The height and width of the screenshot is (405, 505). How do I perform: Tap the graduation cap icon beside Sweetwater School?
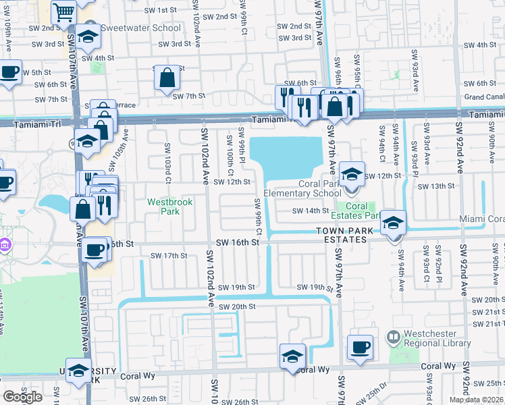pyautogui.click(x=87, y=38)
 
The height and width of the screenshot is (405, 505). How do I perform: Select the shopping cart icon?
pyautogui.click(x=63, y=12)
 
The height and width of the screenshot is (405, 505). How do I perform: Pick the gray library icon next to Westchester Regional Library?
pyautogui.click(x=392, y=335)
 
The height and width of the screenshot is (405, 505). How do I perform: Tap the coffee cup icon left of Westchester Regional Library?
pyautogui.click(x=359, y=348)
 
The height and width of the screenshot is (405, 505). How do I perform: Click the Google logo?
pyautogui.click(x=22, y=397)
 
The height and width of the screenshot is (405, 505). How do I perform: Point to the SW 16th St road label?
pyautogui.click(x=238, y=242)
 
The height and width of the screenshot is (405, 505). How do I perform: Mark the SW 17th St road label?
pyautogui.click(x=168, y=256)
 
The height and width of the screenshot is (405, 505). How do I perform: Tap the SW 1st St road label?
pyautogui.click(x=160, y=11)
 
